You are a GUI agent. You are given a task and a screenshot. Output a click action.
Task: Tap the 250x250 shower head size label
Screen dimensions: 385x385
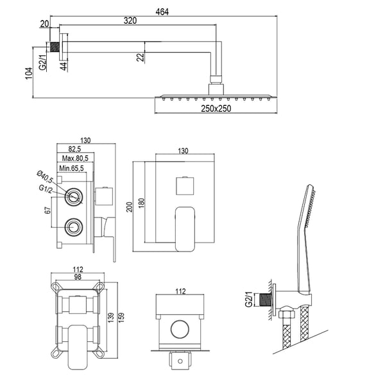214,108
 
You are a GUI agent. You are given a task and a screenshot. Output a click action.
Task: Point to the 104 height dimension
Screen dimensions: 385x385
28,72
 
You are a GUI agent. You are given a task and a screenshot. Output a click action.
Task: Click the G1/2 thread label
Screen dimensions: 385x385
45,189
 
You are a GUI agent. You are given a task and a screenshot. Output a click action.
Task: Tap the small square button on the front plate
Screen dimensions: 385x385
185,186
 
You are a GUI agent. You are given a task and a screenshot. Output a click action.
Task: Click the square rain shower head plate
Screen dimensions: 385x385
214,97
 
